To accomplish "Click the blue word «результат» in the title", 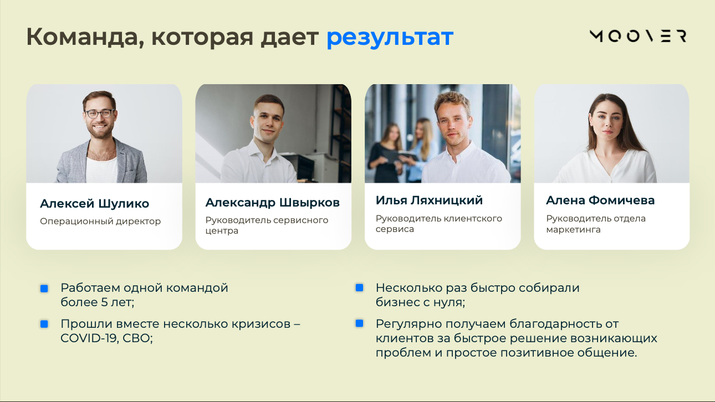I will (390, 37).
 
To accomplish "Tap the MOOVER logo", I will (637, 37).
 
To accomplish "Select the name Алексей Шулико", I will (94, 204).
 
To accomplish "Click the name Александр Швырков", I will (272, 203).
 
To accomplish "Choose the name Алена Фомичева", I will (600, 200).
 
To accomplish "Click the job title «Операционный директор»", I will (100, 221).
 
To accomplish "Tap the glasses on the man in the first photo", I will (99, 114).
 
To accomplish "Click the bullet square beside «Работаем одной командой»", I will (44, 288).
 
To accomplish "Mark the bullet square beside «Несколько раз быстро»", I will (359, 288).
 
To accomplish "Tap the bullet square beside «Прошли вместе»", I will (44, 324).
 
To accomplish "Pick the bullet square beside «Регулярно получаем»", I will (359, 323).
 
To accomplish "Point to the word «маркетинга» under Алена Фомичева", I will (573, 229).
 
